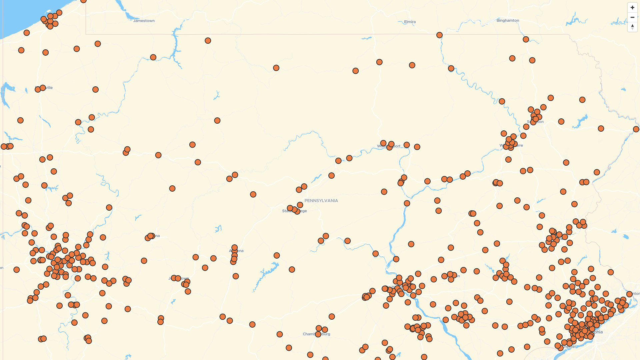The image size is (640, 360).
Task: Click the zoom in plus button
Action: pos(632,7)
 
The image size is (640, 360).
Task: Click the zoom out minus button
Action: pos(632,17)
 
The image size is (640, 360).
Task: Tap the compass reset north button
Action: pos(632,27)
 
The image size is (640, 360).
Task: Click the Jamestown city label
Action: pos(144,21)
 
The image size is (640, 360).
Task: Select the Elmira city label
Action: pos(410,22)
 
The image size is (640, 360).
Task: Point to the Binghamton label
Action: pos(507,20)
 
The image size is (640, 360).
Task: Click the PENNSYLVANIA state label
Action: pos(321,200)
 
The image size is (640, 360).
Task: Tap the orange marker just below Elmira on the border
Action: pos(439,35)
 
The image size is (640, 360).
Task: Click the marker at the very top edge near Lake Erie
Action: pos(83,1)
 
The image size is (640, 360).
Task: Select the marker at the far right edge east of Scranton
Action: pos(636,129)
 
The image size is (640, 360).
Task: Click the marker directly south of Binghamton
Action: pos(526,39)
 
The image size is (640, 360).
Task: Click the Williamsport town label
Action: pos(397,146)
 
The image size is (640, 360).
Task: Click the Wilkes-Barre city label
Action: pos(518,145)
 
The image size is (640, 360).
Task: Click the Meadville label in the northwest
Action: pos(48,88)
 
